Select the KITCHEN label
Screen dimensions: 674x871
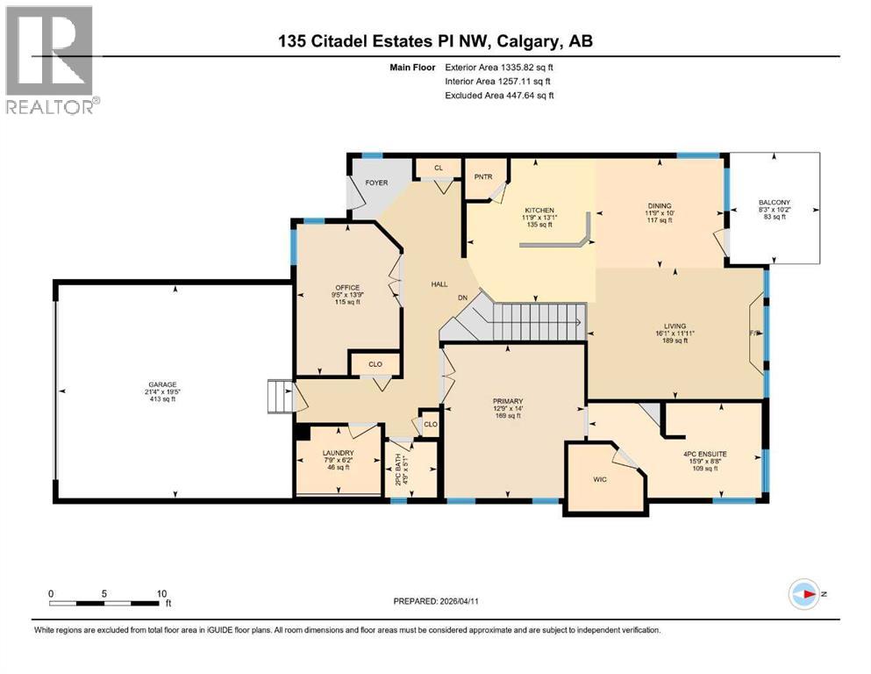click(539, 211)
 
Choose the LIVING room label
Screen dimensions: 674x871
click(675, 326)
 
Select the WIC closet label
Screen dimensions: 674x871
click(600, 479)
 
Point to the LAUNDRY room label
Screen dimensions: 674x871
click(337, 453)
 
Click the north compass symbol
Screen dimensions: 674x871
click(804, 594)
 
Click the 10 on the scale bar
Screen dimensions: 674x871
click(161, 593)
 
